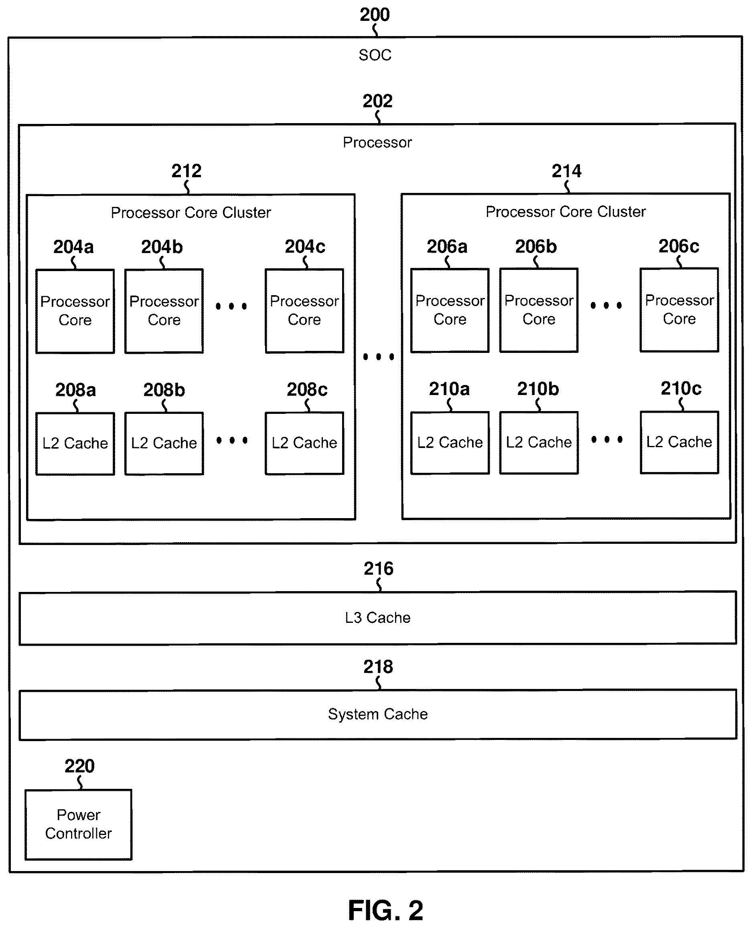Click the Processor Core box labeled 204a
75,311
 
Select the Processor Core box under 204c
304,310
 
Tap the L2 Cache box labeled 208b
164,444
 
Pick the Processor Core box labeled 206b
539,310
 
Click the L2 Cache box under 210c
679,442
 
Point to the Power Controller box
78,825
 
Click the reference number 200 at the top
375,15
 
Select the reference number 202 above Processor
378,101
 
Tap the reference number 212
186,171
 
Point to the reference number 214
567,171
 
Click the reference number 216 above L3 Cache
379,569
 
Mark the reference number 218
378,667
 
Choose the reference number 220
80,766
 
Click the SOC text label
375,55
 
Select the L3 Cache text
378,618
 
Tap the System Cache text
378,714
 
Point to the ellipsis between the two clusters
379,357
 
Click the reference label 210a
449,389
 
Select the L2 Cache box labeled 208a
75,444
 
